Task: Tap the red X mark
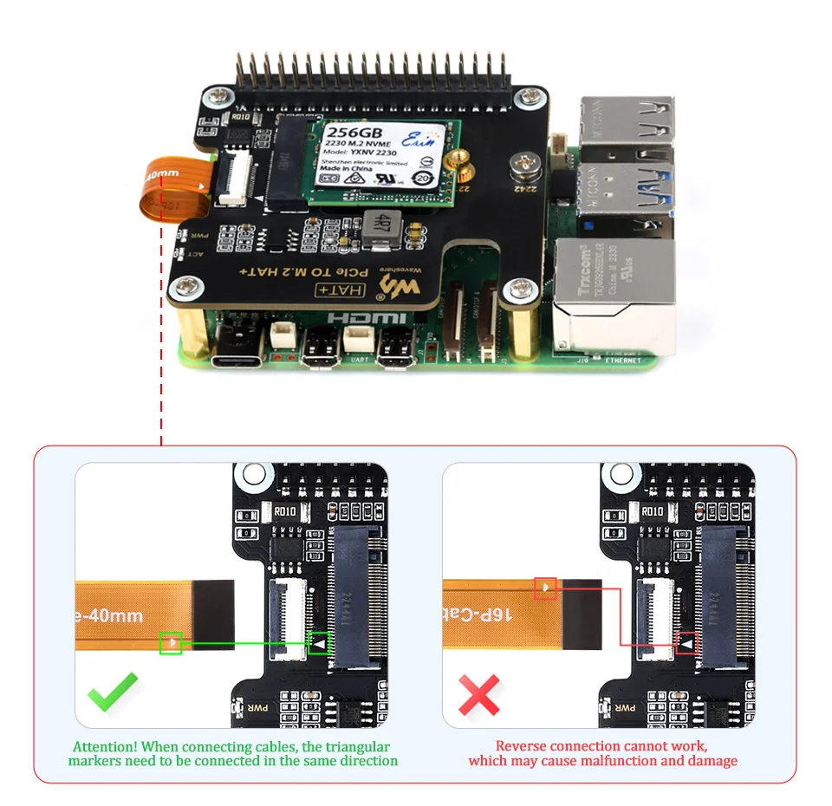479,694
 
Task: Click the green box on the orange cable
171,643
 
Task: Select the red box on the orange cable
545,588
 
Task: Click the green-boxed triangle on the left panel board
320,643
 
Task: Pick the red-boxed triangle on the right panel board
687,643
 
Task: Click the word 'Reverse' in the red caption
521,745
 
